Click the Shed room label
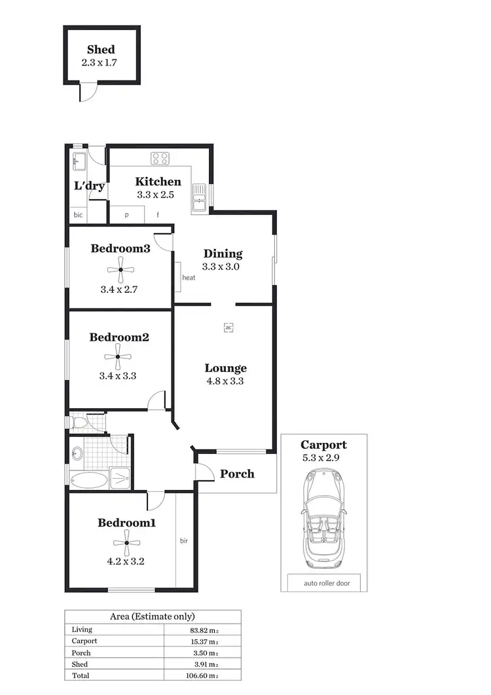(x=101, y=50)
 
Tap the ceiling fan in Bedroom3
(x=121, y=269)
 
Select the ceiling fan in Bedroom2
(x=118, y=357)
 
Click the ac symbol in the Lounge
(x=228, y=327)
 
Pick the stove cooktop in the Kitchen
(x=160, y=158)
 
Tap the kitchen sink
(x=200, y=194)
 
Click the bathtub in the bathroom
(x=88, y=479)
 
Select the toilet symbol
(x=79, y=423)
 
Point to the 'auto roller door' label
(x=323, y=583)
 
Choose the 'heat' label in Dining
(x=189, y=278)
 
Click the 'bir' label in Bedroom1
(x=185, y=541)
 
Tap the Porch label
(x=237, y=474)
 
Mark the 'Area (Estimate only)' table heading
(x=152, y=616)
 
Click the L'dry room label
(x=89, y=186)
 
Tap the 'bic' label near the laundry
(x=78, y=215)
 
